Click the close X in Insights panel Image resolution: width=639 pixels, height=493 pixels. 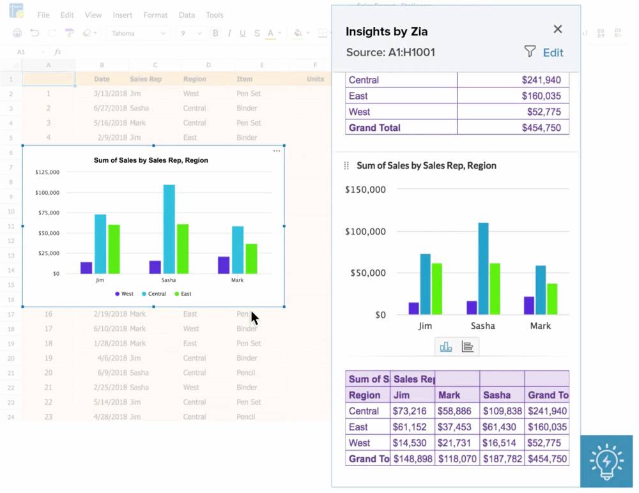click(x=558, y=29)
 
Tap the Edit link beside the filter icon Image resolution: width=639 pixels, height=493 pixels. click(x=553, y=53)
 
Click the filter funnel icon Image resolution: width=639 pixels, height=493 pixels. click(x=530, y=52)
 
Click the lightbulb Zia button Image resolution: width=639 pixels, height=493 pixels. click(x=606, y=461)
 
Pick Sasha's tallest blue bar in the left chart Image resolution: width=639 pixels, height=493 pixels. click(x=169, y=229)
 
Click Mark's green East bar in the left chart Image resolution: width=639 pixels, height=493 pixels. click(x=252, y=258)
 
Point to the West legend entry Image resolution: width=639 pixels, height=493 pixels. click(x=125, y=294)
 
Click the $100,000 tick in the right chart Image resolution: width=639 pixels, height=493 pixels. click(x=365, y=231)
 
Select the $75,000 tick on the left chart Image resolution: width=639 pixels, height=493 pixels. click(x=48, y=213)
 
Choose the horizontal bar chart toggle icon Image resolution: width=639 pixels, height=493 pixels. click(x=468, y=347)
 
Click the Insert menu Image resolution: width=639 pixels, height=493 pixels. click(x=123, y=15)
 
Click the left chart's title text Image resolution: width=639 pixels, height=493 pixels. click(x=151, y=160)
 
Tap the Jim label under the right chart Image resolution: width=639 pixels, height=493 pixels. click(x=425, y=326)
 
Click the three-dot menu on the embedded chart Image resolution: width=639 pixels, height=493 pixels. click(x=277, y=151)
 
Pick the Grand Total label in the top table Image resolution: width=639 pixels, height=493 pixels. click(x=374, y=128)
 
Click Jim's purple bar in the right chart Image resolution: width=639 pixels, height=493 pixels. click(x=414, y=308)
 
